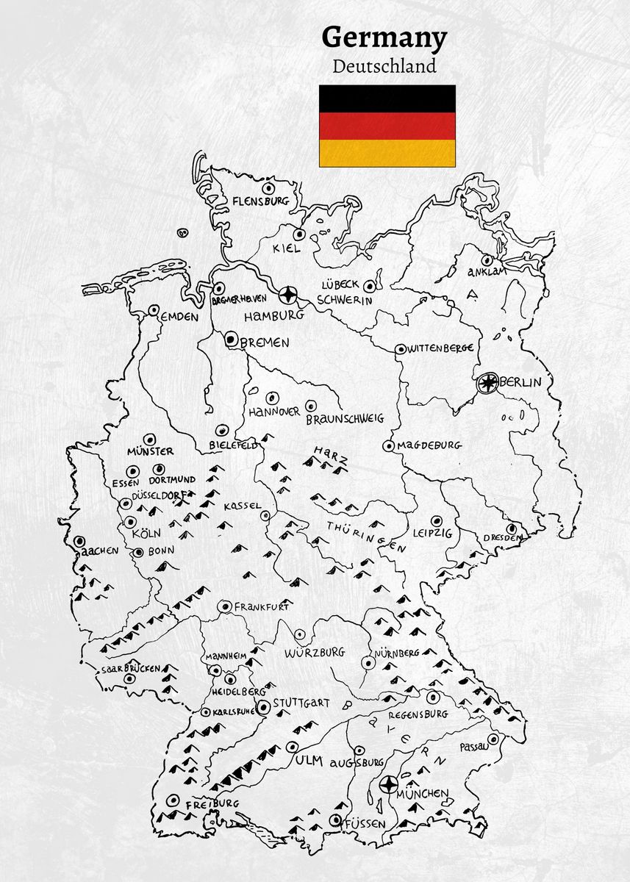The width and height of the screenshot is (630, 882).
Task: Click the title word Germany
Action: point(384,37)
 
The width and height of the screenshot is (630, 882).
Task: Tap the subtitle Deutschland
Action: point(384,66)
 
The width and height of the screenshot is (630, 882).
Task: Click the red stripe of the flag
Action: point(387,126)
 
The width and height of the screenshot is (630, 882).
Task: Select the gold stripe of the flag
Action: point(387,153)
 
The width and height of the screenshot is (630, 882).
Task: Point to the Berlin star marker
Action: point(487,382)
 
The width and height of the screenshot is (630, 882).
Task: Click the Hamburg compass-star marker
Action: point(289,295)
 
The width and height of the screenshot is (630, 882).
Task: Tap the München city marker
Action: point(389,784)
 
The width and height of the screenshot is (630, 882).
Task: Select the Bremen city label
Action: point(265,343)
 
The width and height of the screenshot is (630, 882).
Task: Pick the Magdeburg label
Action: point(429,445)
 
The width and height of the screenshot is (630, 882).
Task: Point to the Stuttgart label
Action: point(301,703)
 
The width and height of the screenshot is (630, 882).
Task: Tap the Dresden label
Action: point(502,538)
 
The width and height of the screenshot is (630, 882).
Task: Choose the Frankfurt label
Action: point(262,607)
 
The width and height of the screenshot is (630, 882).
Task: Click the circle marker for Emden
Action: point(154,311)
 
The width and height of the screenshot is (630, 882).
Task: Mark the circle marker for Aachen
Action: point(79,541)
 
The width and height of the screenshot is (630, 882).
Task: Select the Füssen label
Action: point(365,824)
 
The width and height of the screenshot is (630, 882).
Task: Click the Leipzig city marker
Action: point(436,520)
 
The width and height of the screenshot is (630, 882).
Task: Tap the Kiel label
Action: point(287,248)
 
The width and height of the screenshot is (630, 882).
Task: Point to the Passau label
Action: point(473,747)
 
